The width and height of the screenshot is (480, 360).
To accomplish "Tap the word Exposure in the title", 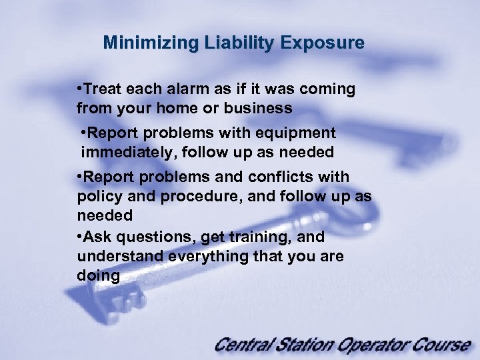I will pos(323,44).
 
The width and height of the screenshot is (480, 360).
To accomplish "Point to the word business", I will pos(260,108).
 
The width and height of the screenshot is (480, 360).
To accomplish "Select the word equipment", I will pos(298,133).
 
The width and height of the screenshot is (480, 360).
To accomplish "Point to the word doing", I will pos(98,276).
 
